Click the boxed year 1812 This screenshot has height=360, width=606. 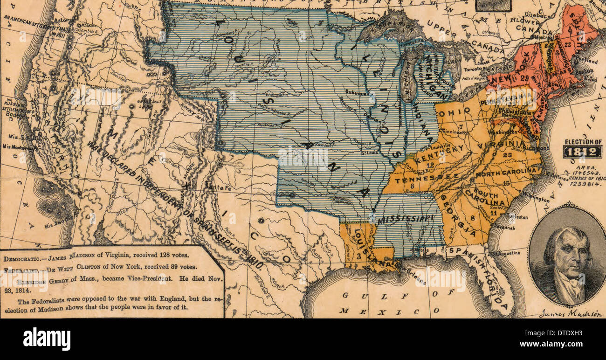tap(582, 152)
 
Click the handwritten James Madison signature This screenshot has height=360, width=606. tap(570, 314)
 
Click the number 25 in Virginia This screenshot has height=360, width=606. tap(507, 155)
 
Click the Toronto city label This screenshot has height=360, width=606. tap(472, 69)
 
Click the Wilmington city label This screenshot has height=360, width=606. tap(535, 197)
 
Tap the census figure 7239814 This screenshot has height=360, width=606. tap(582, 183)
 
